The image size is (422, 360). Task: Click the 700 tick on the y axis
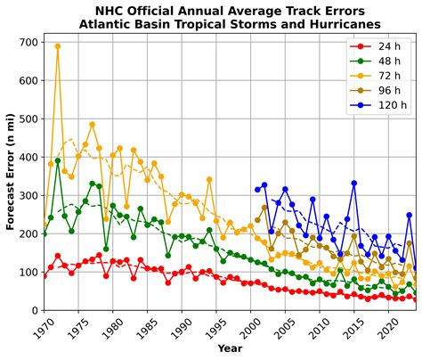point(27,42)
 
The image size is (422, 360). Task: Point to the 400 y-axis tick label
point(27,157)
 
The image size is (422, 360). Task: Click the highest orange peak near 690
point(58,46)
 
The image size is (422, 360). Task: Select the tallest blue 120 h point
point(354,184)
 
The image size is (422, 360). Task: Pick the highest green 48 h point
point(58,161)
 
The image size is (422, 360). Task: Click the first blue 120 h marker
point(257,189)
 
